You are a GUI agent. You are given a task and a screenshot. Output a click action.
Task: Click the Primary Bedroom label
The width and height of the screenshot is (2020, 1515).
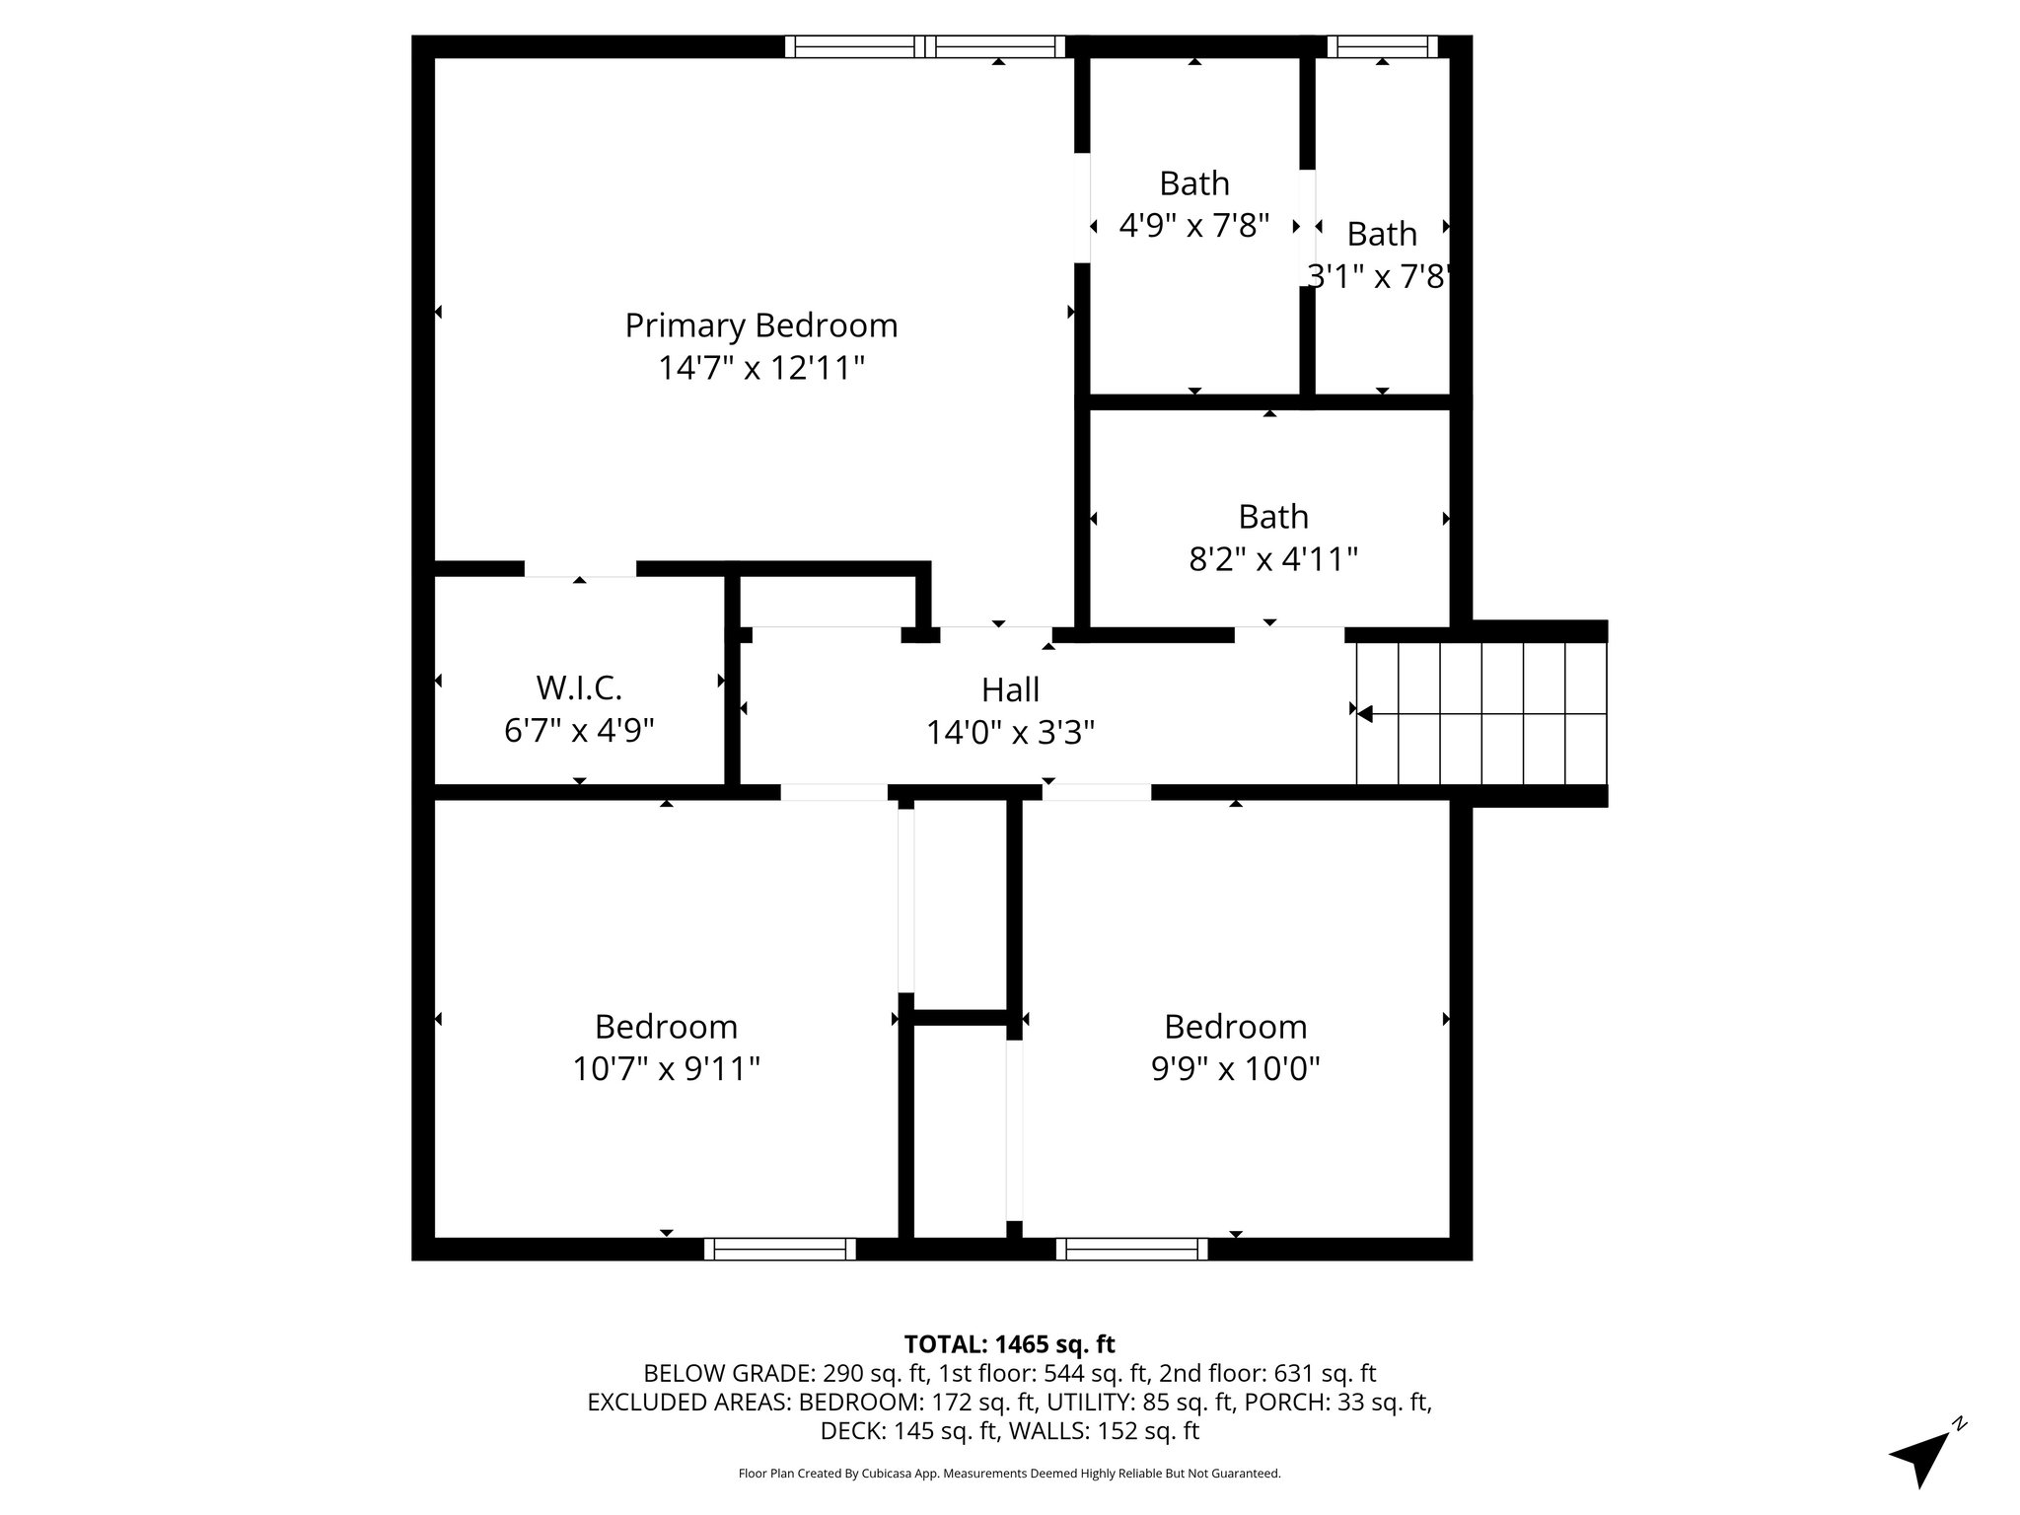point(760,325)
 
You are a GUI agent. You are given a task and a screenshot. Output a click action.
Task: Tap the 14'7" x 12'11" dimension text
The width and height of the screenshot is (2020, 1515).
point(760,369)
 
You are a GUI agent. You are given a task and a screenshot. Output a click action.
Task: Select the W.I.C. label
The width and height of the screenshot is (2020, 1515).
point(579,686)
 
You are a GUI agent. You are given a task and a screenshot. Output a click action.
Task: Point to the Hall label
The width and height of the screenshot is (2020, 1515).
point(1010,689)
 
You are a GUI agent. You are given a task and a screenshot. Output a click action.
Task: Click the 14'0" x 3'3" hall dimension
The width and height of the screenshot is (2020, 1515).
point(1010,733)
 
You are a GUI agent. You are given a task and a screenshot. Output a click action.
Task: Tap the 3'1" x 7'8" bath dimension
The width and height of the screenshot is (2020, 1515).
point(1381,277)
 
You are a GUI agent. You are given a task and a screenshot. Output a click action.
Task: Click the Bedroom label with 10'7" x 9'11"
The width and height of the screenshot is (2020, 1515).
point(666,1027)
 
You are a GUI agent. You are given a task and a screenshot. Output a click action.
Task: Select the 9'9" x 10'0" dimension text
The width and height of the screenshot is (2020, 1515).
point(1235,1069)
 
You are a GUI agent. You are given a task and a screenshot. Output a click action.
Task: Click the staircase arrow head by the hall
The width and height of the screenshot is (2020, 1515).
point(1366,713)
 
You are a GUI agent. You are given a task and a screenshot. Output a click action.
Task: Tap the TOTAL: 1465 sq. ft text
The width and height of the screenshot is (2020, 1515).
point(1009,1344)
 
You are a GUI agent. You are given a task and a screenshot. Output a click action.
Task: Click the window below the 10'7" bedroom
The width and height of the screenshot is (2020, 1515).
point(779,1249)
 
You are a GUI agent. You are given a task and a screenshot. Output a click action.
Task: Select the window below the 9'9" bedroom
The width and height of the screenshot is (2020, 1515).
point(1131,1249)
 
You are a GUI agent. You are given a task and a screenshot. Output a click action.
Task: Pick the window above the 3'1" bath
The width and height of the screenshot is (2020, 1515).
point(1381,46)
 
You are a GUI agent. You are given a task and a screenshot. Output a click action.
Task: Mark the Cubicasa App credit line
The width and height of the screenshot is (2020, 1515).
point(1009,1474)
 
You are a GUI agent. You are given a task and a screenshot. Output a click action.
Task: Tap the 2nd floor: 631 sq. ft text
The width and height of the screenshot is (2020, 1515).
point(1267,1373)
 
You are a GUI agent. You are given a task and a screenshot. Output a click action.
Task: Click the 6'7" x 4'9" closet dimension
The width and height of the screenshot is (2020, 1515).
point(579,731)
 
